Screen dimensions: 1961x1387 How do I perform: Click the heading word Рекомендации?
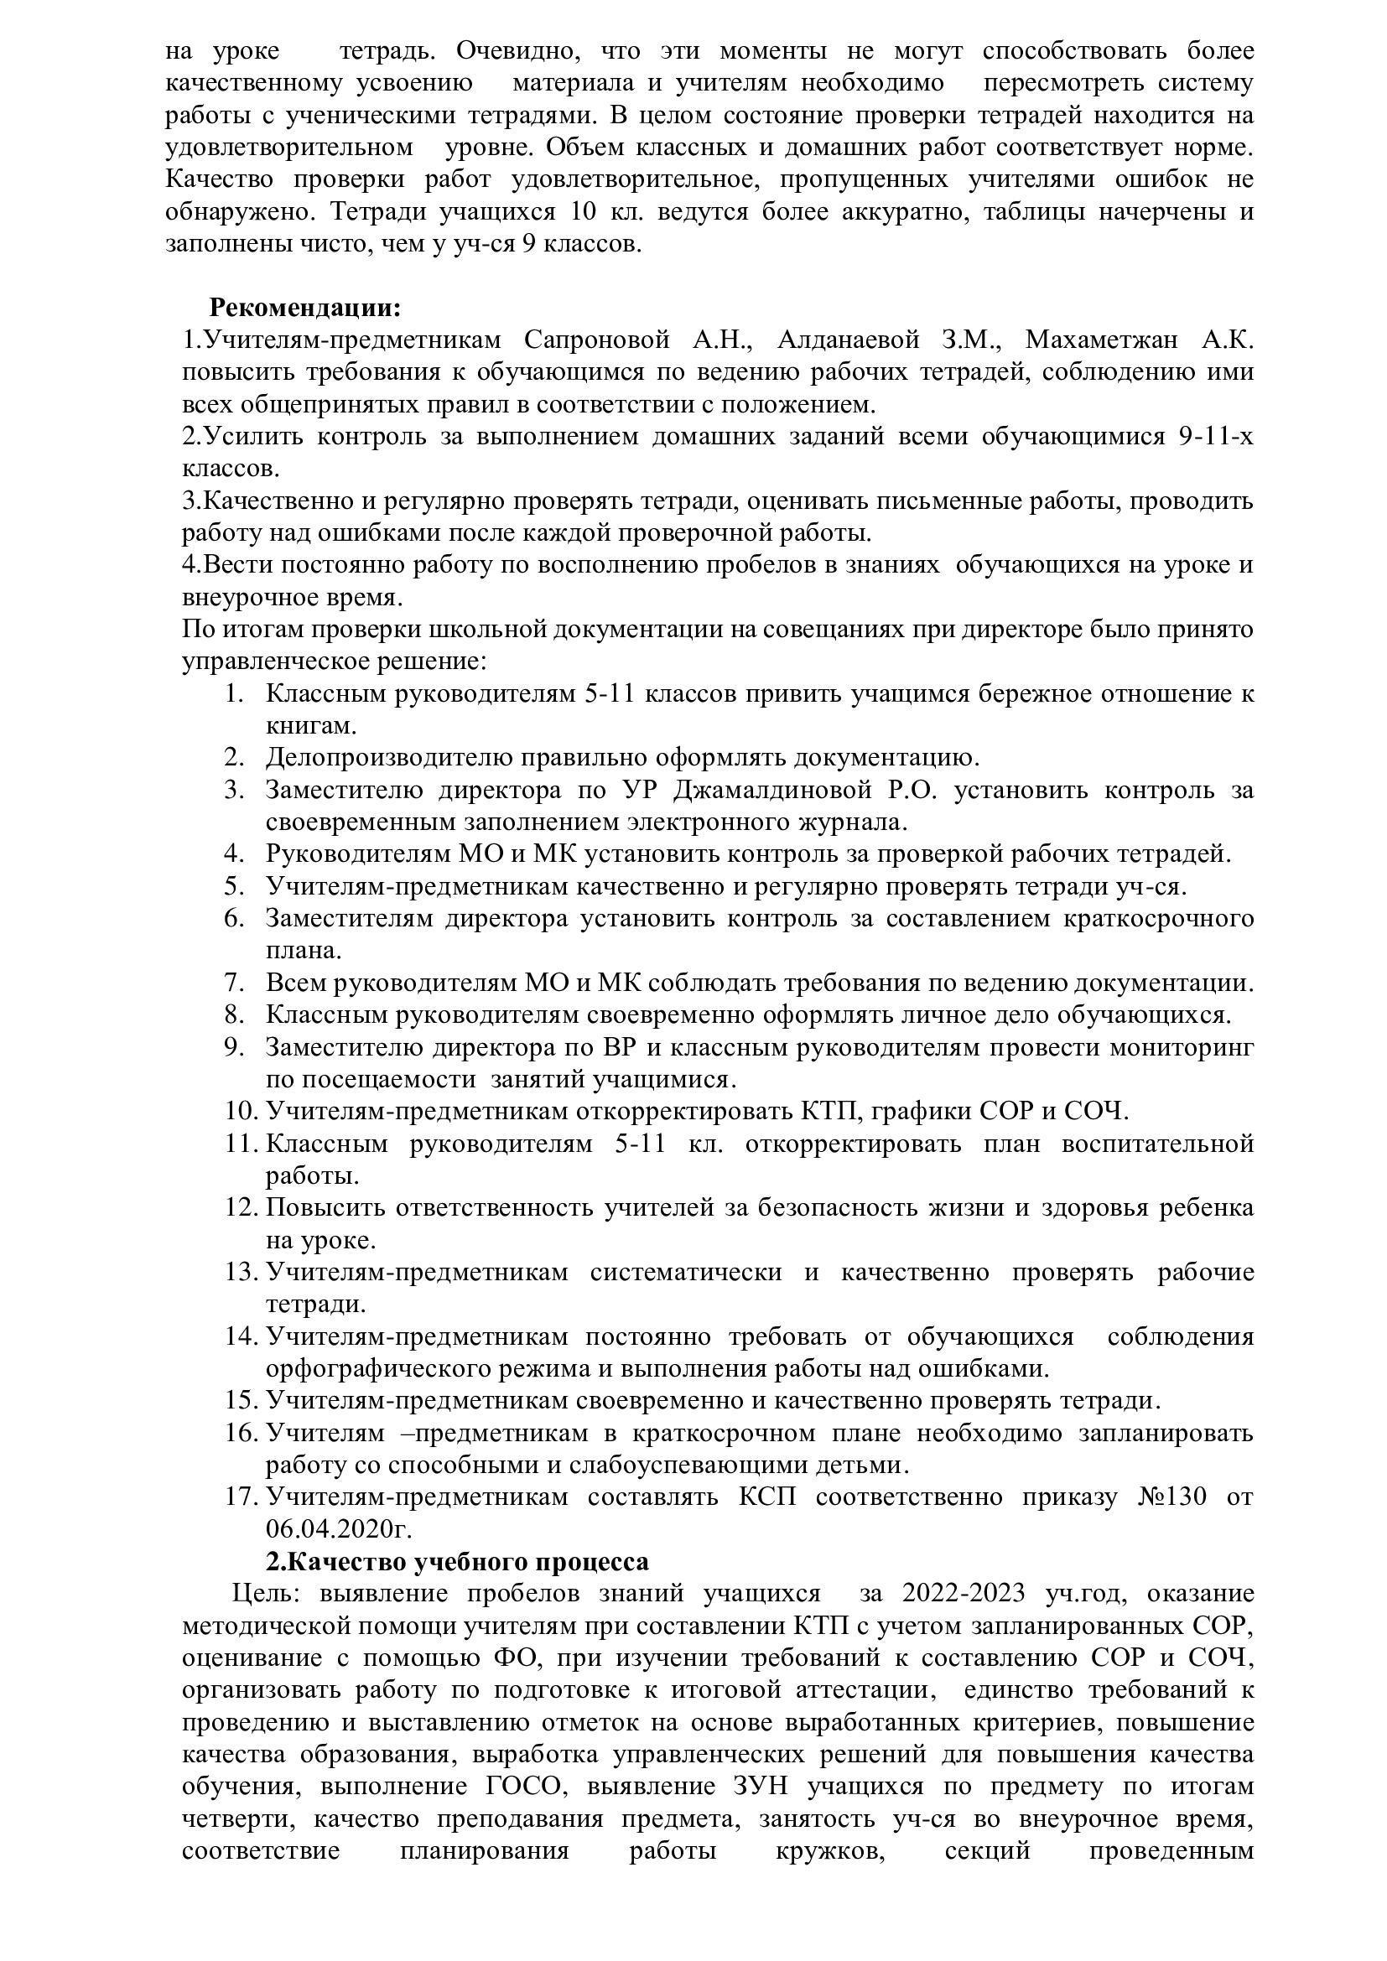[x=305, y=307]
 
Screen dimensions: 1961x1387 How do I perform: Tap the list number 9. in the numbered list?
[x=235, y=1047]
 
